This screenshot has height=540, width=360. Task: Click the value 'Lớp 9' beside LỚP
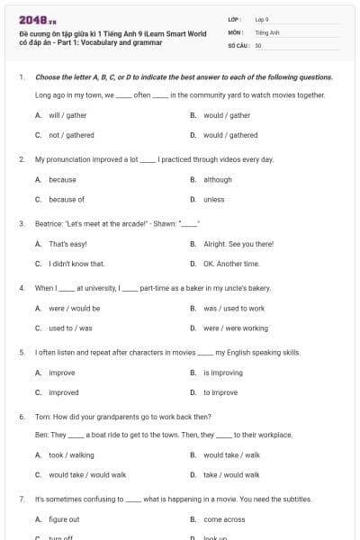[x=262, y=19]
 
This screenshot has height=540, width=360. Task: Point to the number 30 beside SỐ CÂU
[x=258, y=44]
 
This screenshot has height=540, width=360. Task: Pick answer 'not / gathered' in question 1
[x=71, y=135]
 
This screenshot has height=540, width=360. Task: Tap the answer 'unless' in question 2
[x=214, y=199]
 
